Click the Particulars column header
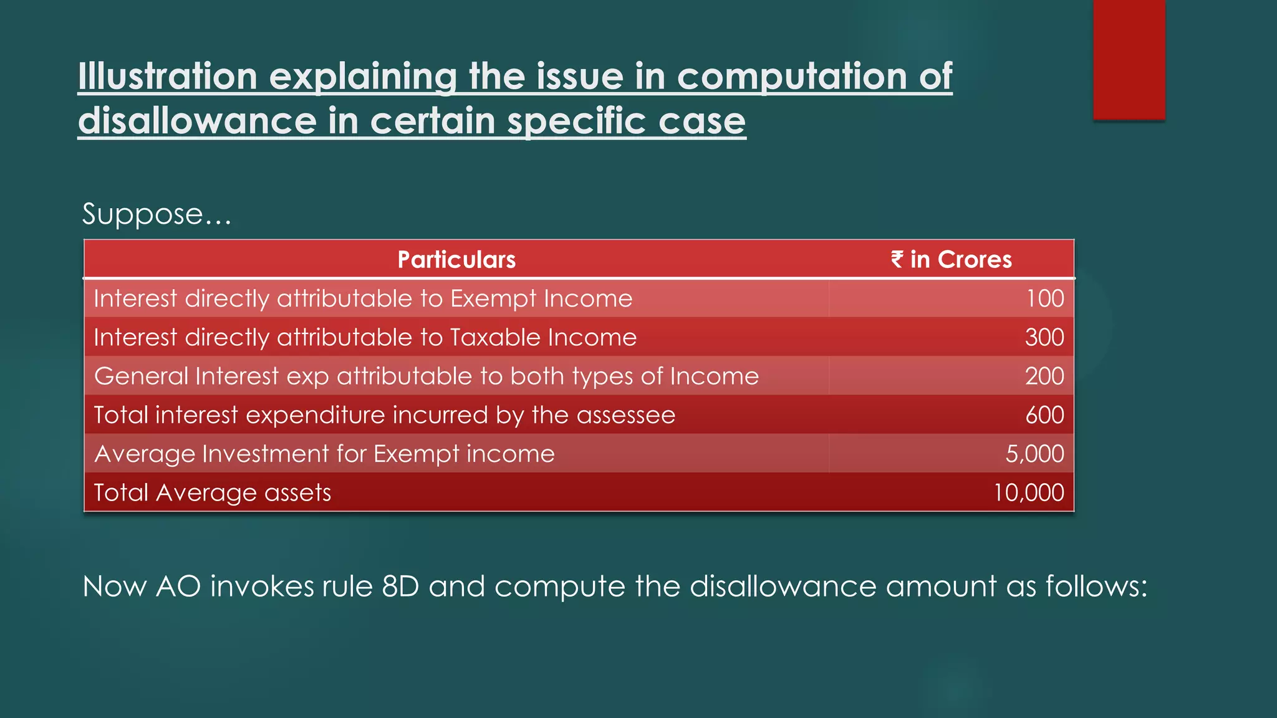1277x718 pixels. tap(456, 259)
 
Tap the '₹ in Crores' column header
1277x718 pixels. tap(951, 259)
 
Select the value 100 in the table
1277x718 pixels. tap(1045, 299)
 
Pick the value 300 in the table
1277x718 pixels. tap(1044, 337)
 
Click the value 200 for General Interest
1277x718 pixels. tap(1044, 376)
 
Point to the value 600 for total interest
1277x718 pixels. tap(1044, 415)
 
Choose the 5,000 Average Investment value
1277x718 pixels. tap(1034, 454)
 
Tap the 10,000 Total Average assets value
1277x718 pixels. tap(1028, 492)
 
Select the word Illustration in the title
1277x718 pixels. tap(168, 76)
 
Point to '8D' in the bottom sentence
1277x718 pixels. tap(400, 586)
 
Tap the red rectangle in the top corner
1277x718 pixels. tap(1129, 59)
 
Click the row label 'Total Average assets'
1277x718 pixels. tap(212, 492)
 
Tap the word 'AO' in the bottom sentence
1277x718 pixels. tap(178, 586)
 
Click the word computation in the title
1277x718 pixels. tap(792, 76)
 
